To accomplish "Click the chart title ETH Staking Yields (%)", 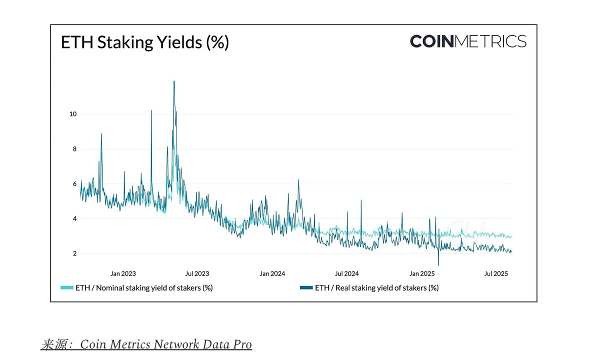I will click(144, 42).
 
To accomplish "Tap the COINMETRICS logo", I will click(467, 41).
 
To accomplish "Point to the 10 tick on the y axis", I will click(73, 114).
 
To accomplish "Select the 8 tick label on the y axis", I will click(74, 149).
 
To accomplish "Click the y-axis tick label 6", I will click(74, 184).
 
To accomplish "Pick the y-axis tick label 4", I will click(74, 219).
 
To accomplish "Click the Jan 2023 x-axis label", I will click(123, 273).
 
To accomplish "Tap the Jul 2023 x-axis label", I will click(197, 273).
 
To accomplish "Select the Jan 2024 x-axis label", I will click(272, 273).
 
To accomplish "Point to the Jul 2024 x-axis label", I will click(346, 273).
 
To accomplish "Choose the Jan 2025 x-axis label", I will click(422, 273).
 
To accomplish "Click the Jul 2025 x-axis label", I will click(496, 273).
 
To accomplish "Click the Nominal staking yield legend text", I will click(144, 288).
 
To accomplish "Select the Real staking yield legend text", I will click(376, 288).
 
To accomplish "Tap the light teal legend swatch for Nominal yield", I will click(66, 288).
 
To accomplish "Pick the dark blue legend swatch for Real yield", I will click(306, 288).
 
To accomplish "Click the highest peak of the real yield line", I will click(174, 81).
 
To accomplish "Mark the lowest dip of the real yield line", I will click(438, 265).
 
